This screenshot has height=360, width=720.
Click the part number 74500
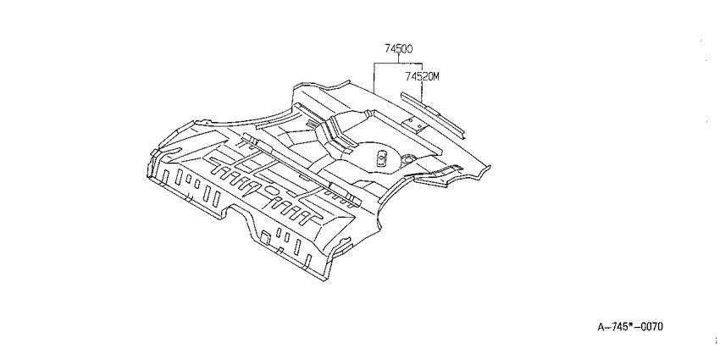pyautogui.click(x=398, y=48)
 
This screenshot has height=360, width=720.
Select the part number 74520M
pyautogui.click(x=422, y=76)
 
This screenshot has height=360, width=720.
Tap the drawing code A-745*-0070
pyautogui.click(x=630, y=327)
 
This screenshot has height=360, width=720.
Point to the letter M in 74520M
pyautogui.click(x=435, y=76)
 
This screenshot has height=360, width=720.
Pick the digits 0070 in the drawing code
pyautogui.click(x=653, y=327)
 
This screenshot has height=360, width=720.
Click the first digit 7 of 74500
pyautogui.click(x=388, y=48)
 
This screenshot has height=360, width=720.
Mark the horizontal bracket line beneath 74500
pyautogui.click(x=398, y=63)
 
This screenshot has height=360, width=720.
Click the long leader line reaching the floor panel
pyautogui.click(x=374, y=78)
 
